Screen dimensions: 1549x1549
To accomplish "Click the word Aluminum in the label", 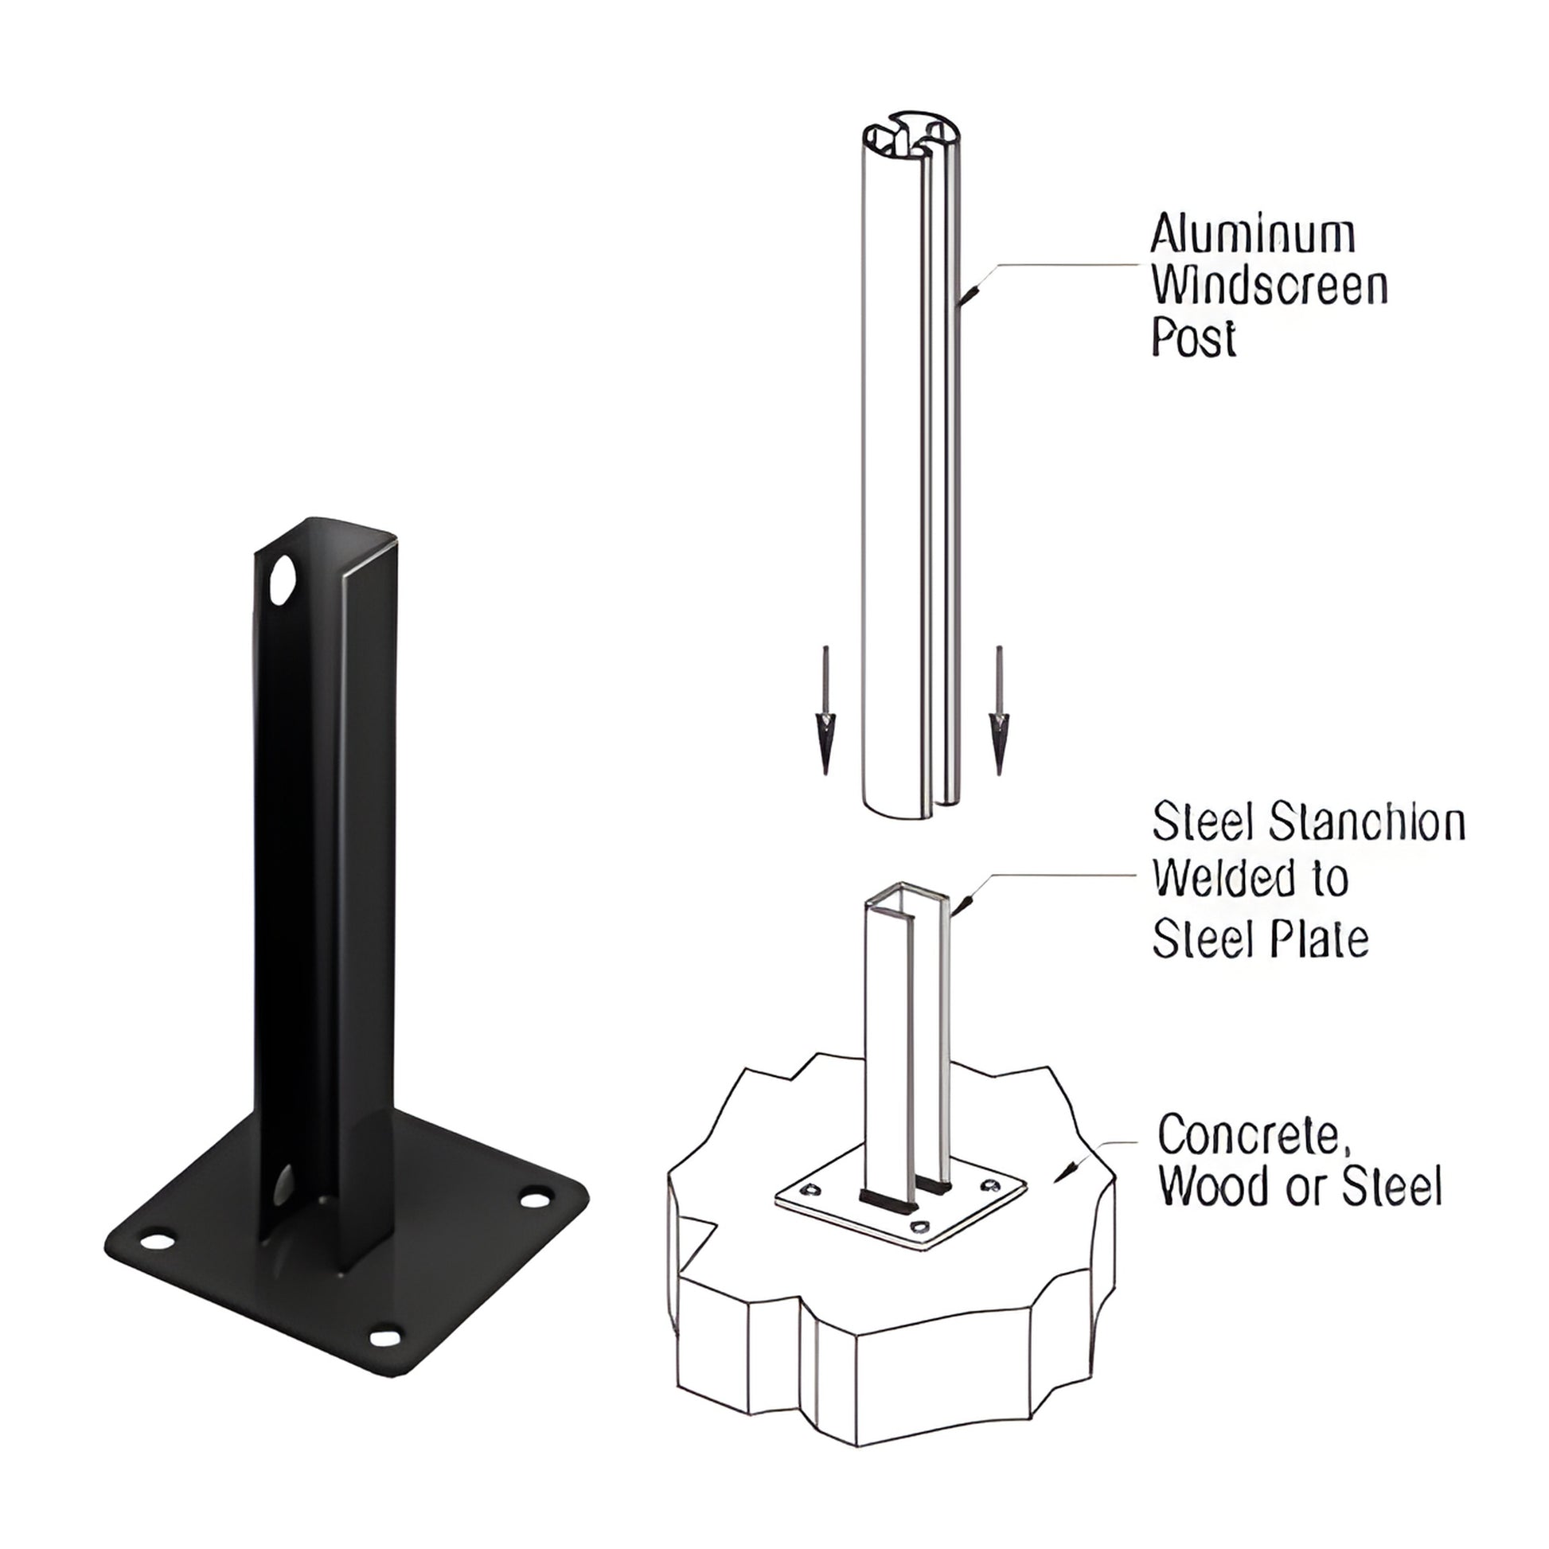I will [1252, 235].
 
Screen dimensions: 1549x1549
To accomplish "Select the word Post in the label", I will [1193, 338].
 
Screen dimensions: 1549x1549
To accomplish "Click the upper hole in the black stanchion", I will [282, 579].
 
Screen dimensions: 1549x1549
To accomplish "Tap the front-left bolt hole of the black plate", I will [157, 1242].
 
